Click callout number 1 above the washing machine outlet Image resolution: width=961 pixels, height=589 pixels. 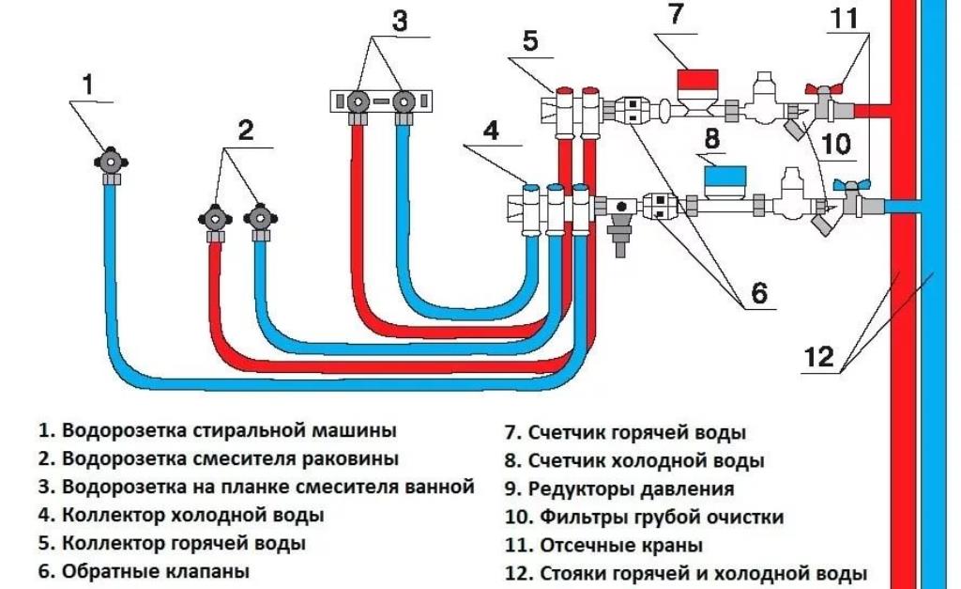[88, 85]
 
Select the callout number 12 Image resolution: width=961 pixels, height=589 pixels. [819, 356]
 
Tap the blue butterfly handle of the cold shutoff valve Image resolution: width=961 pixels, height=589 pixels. [854, 186]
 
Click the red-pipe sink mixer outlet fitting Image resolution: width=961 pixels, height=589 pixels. [215, 219]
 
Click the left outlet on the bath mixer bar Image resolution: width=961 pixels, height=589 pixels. [358, 101]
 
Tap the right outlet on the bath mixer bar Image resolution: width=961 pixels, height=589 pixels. [404, 101]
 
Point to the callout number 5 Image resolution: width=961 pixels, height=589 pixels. [530, 42]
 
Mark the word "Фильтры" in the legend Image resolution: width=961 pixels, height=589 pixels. [574, 517]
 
